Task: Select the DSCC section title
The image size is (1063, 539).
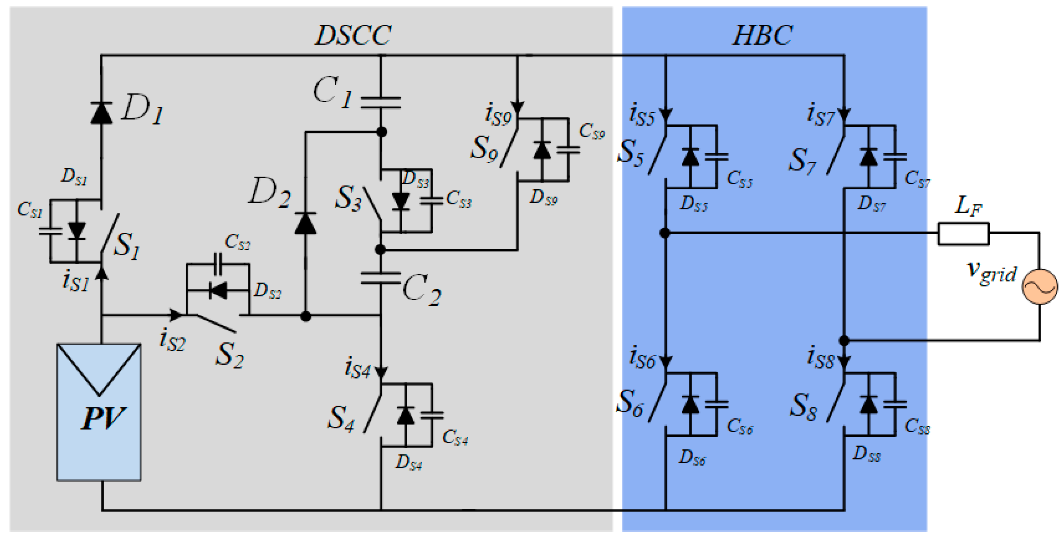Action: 353,35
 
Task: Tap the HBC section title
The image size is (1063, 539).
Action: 763,35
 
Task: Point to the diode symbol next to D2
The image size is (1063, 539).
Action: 305,224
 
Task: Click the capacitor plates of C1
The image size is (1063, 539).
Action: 381,103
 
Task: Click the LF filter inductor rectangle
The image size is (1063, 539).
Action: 963,234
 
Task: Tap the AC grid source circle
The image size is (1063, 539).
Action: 1039,287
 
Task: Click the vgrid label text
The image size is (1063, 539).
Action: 992,272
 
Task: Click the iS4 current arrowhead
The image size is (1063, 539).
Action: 381,372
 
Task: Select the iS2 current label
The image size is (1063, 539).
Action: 172,341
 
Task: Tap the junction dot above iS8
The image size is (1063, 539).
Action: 844,341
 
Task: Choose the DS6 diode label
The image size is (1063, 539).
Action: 692,458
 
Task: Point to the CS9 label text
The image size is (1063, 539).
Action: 592,132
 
